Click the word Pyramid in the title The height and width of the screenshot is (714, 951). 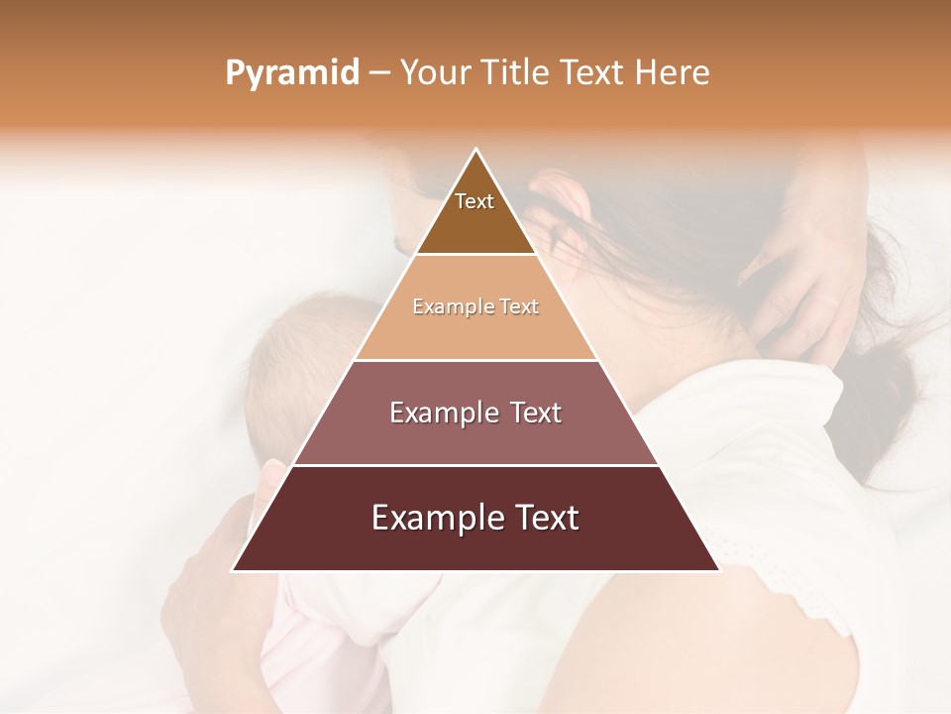click(x=292, y=73)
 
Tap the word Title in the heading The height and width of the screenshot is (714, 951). click(x=515, y=73)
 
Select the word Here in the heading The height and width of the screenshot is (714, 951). click(x=672, y=73)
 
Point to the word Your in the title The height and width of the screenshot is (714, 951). click(x=434, y=73)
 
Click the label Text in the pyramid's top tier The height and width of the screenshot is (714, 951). click(x=475, y=201)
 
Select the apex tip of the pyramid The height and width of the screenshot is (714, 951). click(x=476, y=151)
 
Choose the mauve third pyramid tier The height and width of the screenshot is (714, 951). click(x=475, y=436)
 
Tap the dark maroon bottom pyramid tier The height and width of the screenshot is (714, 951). click(x=475, y=545)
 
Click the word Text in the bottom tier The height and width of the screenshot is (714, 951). click(x=543, y=518)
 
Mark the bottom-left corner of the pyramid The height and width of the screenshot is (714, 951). click(x=233, y=570)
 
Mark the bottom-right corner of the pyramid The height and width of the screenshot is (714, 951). click(x=719, y=570)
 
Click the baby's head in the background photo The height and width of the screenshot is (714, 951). click(x=297, y=367)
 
